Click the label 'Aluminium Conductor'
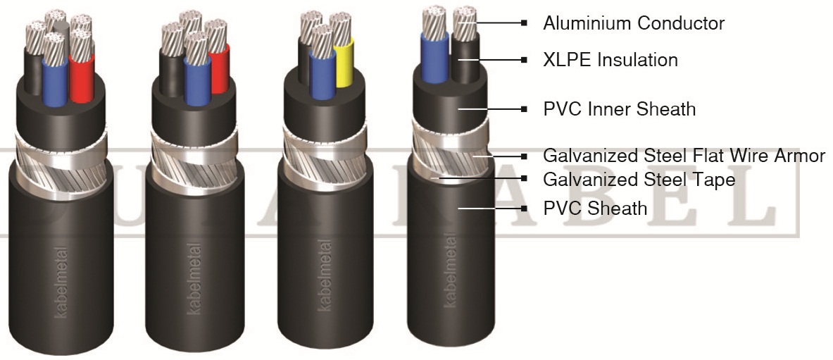[634, 23]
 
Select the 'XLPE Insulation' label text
[610, 61]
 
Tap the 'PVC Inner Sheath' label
[619, 109]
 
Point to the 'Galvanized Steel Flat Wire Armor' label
[684, 156]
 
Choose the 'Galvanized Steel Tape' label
[639, 180]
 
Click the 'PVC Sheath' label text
[594, 209]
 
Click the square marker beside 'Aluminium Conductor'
[524, 23]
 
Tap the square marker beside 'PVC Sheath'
[524, 209]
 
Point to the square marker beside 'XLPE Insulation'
[524, 61]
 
